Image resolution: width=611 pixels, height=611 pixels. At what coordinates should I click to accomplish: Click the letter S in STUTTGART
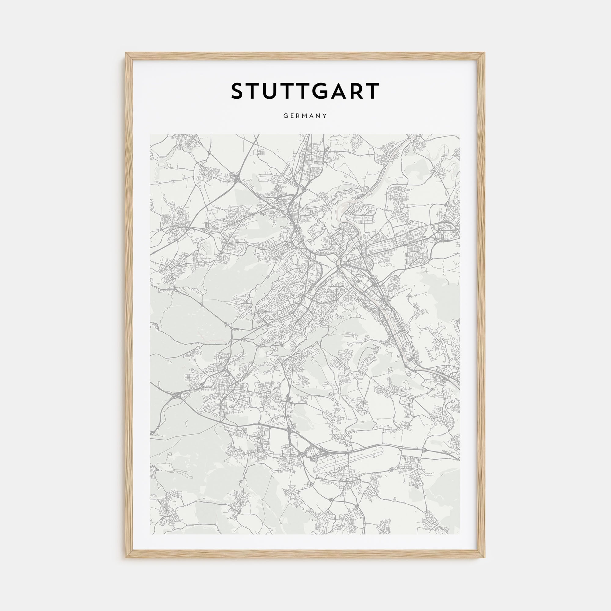pyautogui.click(x=238, y=91)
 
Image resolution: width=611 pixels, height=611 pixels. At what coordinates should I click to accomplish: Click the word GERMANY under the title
pyautogui.click(x=305, y=116)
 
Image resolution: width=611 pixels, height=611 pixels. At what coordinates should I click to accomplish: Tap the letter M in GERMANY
pyautogui.click(x=306, y=116)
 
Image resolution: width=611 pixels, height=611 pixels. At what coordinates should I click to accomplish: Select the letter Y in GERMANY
pyautogui.click(x=325, y=116)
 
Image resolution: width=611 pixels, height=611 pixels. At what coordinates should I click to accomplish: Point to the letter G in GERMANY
pyautogui.click(x=286, y=116)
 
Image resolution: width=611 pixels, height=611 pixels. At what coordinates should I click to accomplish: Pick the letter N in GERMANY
pyautogui.click(x=318, y=116)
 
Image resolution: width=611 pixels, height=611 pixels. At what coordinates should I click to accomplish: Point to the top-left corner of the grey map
pyautogui.click(x=150, y=134)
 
